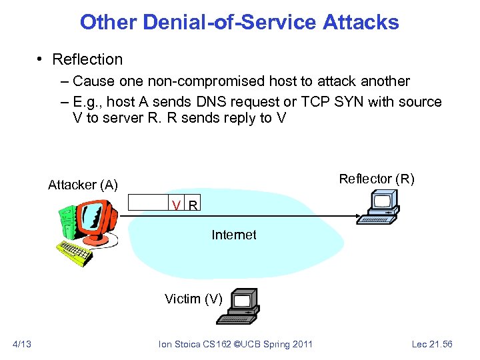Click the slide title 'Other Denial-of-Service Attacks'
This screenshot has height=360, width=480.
tap(239, 22)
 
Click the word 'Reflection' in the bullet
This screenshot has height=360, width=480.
tap(87, 59)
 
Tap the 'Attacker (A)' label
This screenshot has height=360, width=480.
tap(83, 185)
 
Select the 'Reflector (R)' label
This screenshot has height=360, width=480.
tap(377, 179)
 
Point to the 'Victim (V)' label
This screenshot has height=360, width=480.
tap(193, 299)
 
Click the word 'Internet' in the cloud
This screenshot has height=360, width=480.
tap(233, 235)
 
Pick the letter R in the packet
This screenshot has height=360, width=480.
tap(192, 205)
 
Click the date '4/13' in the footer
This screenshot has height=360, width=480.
tap(22, 343)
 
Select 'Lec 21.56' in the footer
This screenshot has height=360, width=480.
tap(432, 343)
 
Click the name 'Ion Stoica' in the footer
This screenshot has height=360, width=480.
tap(175, 344)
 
